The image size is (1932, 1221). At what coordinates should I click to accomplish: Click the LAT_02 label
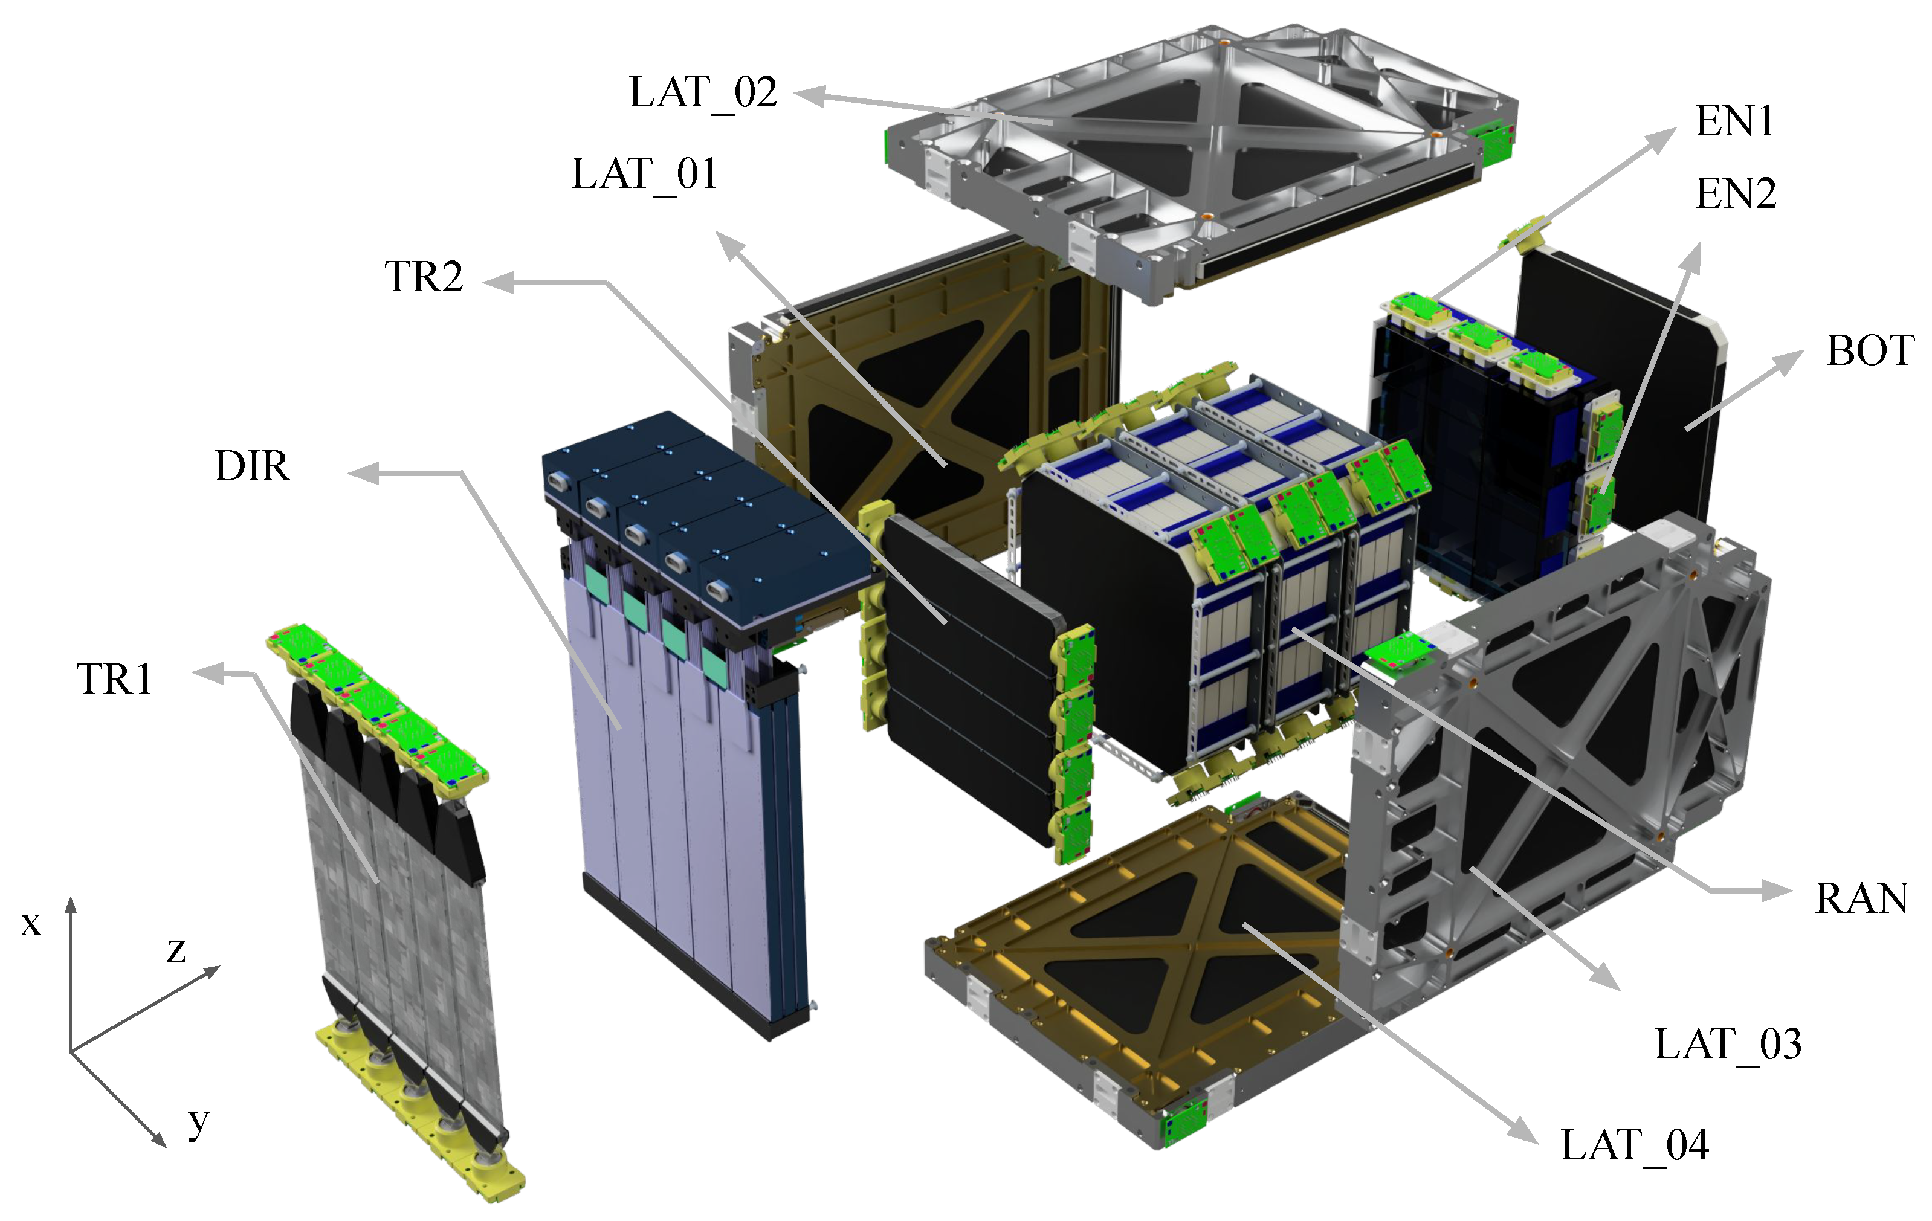pyautogui.click(x=703, y=94)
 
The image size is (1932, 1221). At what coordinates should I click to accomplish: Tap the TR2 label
pyautogui.click(x=424, y=277)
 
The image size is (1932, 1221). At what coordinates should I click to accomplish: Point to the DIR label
pyautogui.click(x=252, y=466)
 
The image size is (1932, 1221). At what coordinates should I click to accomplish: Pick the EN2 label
pyautogui.click(x=1736, y=194)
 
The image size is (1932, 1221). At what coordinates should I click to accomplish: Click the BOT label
pyautogui.click(x=1871, y=350)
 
